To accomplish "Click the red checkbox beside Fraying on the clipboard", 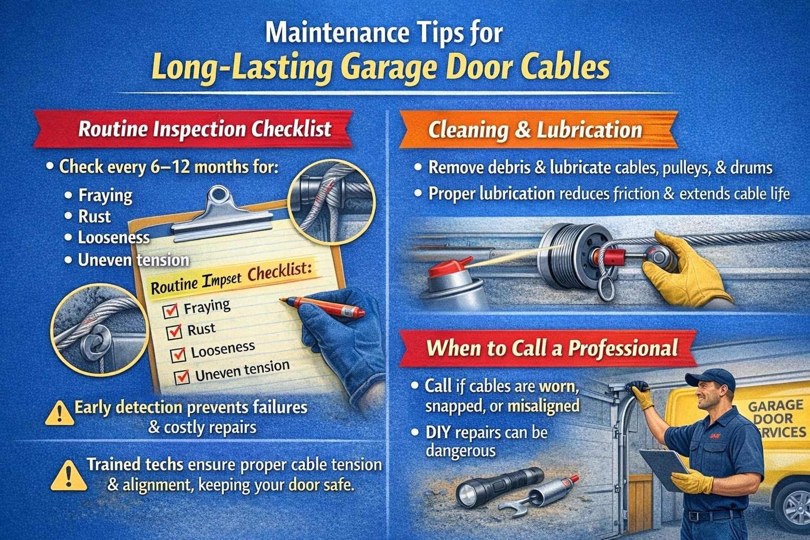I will point(170,311).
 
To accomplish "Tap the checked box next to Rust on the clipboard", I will point(174,332).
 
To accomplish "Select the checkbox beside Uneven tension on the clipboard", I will point(182,377).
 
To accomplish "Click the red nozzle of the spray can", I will point(448,266).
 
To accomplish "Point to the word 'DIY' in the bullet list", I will point(438,433).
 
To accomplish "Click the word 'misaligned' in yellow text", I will point(543,406).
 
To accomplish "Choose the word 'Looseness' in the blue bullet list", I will point(113,238).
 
